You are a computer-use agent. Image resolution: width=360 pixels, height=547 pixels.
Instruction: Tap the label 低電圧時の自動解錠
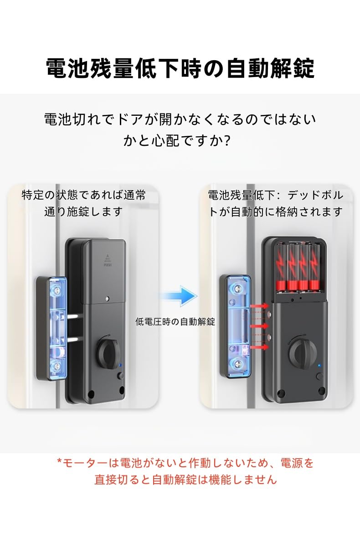(175, 322)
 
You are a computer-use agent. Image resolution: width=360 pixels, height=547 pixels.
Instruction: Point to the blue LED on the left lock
(119, 366)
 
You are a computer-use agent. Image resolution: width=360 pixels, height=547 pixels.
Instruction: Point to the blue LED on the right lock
(319, 366)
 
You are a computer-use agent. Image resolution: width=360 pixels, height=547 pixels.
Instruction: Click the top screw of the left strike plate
(57, 289)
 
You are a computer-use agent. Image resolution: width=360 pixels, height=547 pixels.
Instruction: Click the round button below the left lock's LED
(120, 376)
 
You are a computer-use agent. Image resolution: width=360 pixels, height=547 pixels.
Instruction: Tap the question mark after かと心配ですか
(227, 141)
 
